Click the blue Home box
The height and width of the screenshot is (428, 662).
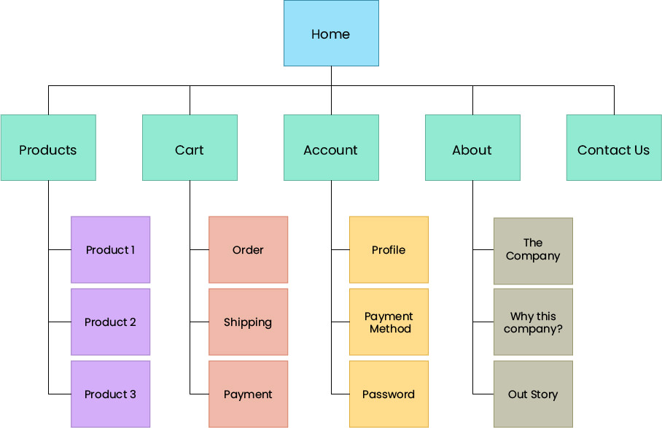point(331,34)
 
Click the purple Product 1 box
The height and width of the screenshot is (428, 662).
point(111,249)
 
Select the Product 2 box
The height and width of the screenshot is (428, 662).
point(111,322)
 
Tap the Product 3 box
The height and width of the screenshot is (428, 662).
point(111,394)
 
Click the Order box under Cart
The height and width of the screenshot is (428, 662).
point(248,249)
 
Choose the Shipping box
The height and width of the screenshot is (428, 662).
point(248,322)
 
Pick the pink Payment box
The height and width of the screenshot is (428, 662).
point(248,394)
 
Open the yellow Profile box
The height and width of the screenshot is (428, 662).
point(389,249)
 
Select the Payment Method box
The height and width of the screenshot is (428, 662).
point(389,322)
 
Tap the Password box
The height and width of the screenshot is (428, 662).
point(389,394)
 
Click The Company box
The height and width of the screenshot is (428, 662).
point(533,250)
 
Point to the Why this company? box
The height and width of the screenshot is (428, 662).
point(533,322)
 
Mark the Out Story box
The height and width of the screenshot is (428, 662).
point(533,394)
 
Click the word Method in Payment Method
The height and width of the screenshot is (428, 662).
point(389,329)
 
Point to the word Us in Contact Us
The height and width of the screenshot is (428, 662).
point(641,150)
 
